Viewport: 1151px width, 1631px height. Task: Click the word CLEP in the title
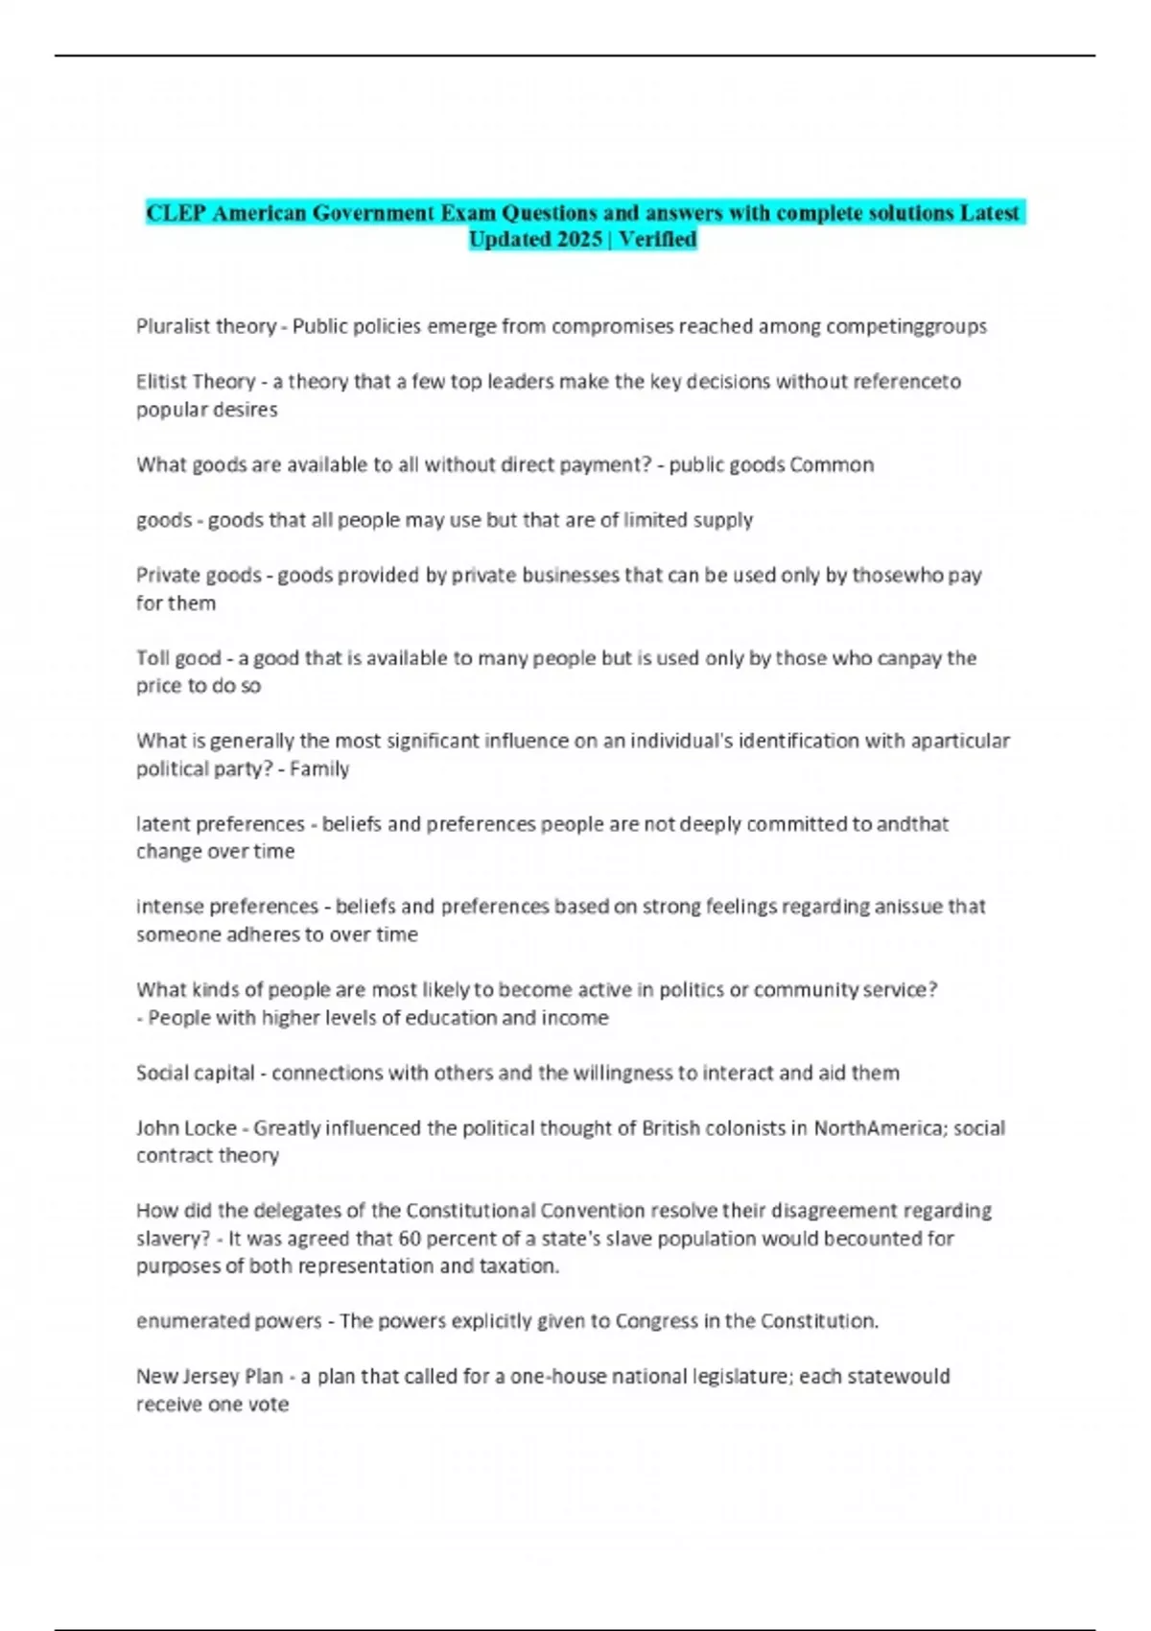[176, 213]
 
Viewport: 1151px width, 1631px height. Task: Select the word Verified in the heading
[658, 240]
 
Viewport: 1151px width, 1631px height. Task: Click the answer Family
[319, 769]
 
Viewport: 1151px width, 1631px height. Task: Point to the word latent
[161, 824]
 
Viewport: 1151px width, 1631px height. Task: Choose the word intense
[169, 907]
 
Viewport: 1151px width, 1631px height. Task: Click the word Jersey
[208, 1377]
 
